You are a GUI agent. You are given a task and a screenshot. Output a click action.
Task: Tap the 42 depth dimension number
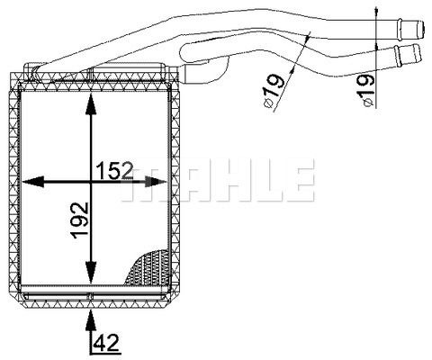[106, 342]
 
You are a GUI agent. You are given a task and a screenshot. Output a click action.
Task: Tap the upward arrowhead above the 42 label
[90, 315]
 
